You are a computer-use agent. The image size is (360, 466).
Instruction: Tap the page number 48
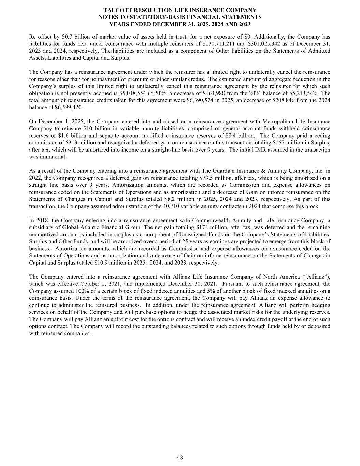pos(180,457)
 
